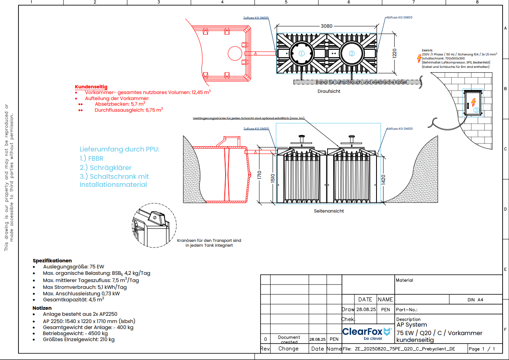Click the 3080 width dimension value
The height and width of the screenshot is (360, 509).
[327, 26]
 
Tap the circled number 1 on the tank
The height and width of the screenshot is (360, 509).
[302, 53]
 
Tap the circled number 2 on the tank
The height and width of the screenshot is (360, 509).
[352, 53]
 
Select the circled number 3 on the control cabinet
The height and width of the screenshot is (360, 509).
[476, 110]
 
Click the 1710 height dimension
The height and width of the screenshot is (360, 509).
[260, 175]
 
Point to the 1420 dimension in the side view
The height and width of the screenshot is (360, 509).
[383, 179]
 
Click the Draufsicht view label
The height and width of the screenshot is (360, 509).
[329, 92]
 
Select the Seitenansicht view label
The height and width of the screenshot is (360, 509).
[329, 211]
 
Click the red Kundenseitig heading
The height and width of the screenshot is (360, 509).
[91, 87]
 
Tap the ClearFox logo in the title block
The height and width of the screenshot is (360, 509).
[367, 333]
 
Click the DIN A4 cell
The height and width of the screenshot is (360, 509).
[476, 299]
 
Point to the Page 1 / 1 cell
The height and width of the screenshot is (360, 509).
[482, 349]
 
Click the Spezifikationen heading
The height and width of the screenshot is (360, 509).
[52, 260]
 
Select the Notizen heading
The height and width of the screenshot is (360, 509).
[42, 308]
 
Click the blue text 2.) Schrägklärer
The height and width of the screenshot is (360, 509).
[106, 168]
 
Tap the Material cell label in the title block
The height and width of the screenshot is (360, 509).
[404, 280]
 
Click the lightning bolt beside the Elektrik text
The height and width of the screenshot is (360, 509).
[420, 57]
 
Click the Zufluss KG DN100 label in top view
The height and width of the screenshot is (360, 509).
[256, 18]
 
